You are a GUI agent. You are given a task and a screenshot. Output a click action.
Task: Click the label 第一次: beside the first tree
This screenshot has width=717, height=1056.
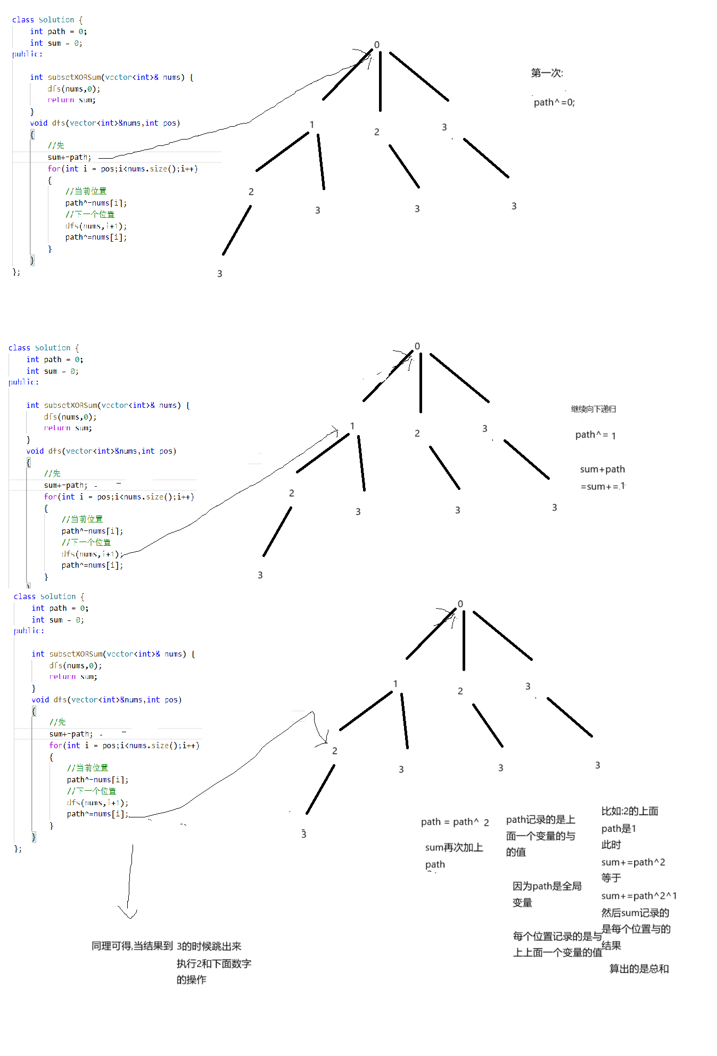pos(547,73)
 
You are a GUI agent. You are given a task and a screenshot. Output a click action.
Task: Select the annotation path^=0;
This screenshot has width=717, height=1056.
pos(554,102)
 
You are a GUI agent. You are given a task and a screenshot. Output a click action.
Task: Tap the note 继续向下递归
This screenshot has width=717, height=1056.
pos(594,409)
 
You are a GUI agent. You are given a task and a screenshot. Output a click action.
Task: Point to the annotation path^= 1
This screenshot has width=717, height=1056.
pos(595,435)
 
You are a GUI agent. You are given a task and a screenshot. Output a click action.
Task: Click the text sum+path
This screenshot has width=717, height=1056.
pos(603,469)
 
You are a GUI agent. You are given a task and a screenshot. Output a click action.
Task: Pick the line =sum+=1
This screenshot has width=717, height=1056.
pos(603,486)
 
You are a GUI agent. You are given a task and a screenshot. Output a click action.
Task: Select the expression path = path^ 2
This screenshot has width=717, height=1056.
pos(455,822)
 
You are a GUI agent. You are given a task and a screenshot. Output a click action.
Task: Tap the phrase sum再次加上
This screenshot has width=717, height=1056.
pos(454,847)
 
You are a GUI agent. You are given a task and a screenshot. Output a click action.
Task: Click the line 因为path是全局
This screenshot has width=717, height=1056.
pos(547,886)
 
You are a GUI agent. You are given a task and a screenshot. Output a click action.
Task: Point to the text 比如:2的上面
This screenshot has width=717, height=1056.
pos(630,811)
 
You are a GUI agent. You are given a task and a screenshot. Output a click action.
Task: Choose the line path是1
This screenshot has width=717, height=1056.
pos(619,829)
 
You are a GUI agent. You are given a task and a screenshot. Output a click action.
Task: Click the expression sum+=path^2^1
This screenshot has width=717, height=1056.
pos(639,896)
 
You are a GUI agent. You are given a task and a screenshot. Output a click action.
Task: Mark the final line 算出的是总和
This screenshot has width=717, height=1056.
pos(639,969)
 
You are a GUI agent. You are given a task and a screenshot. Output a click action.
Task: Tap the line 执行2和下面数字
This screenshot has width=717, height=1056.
pos(214,963)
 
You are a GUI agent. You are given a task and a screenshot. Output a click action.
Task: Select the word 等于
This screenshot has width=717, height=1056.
pos(611,878)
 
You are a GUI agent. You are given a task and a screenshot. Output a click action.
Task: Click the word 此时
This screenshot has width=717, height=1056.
pos(611,845)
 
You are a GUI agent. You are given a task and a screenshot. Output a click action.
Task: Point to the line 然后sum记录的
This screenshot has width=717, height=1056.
pos(635,913)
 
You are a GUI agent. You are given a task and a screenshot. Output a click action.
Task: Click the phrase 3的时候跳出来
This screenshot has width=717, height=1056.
pos(209,946)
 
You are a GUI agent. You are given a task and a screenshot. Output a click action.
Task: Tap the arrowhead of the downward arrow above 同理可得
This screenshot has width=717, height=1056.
pos(128,914)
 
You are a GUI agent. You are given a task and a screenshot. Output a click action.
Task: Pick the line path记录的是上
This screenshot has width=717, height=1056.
pos(540,820)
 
